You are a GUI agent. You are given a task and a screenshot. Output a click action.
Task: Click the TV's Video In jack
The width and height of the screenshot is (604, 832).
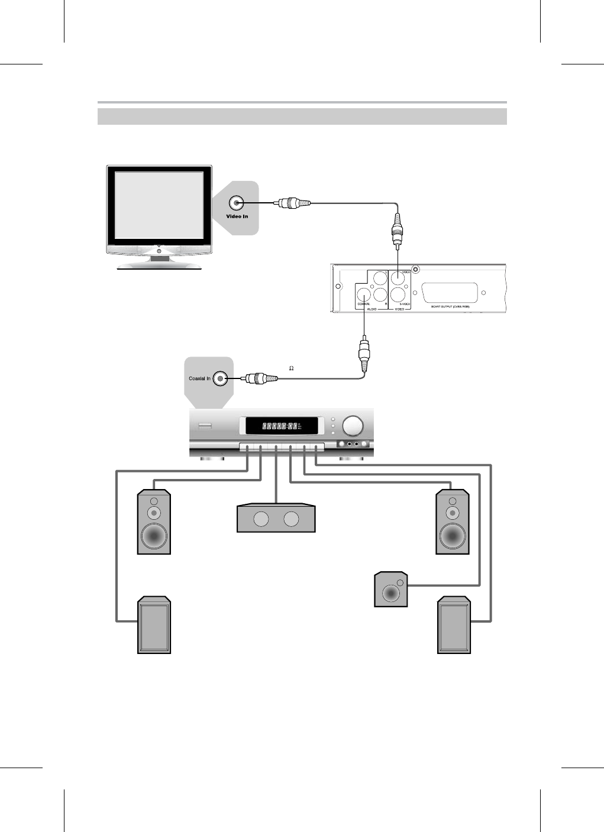point(237,203)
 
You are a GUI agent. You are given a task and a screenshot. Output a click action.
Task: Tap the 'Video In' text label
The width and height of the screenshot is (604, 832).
point(237,216)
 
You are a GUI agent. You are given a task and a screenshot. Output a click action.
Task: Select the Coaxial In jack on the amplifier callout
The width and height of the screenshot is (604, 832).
point(221,378)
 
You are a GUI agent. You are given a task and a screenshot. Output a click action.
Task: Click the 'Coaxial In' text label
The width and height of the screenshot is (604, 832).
point(199,378)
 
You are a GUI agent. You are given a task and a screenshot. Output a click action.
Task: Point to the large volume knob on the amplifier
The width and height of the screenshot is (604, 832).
point(353,426)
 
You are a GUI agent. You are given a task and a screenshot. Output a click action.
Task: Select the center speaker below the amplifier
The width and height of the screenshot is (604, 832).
point(276,519)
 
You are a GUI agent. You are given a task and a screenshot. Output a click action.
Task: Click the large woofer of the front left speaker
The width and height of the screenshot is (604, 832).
point(154,536)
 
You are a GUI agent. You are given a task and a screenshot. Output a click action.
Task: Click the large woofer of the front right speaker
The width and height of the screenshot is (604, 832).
point(453,536)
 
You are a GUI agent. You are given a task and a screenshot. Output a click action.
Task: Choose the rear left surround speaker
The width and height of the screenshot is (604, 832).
point(154,625)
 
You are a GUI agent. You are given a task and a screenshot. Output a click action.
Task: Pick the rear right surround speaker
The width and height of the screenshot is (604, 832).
point(454,625)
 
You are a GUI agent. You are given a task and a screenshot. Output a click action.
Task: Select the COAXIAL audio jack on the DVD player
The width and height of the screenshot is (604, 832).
point(363,294)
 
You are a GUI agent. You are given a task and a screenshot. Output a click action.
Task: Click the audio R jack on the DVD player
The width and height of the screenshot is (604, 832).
point(380,294)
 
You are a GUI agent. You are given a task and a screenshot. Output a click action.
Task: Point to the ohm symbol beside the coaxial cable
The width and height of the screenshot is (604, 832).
point(291,368)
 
